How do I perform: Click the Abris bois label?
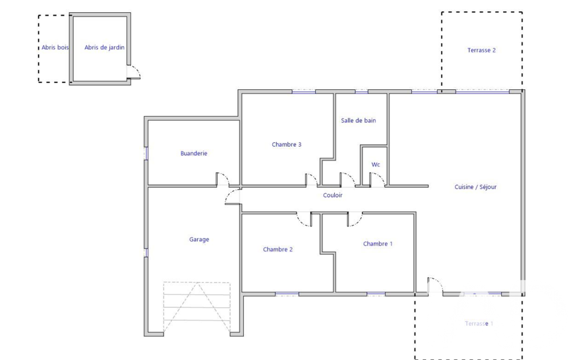(55, 47)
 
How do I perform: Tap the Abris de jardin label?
(104, 47)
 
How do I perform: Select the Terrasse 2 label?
(482, 50)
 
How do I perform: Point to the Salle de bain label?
(359, 120)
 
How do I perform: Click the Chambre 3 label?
(286, 144)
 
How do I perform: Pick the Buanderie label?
(194, 153)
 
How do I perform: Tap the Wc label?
(376, 164)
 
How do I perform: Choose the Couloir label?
(332, 195)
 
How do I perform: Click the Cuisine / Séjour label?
(475, 187)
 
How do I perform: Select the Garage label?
(199, 239)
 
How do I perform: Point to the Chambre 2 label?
(278, 249)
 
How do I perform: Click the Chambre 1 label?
(378, 244)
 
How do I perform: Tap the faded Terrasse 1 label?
(479, 323)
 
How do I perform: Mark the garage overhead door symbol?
(197, 307)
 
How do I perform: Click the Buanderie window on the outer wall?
(146, 153)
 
